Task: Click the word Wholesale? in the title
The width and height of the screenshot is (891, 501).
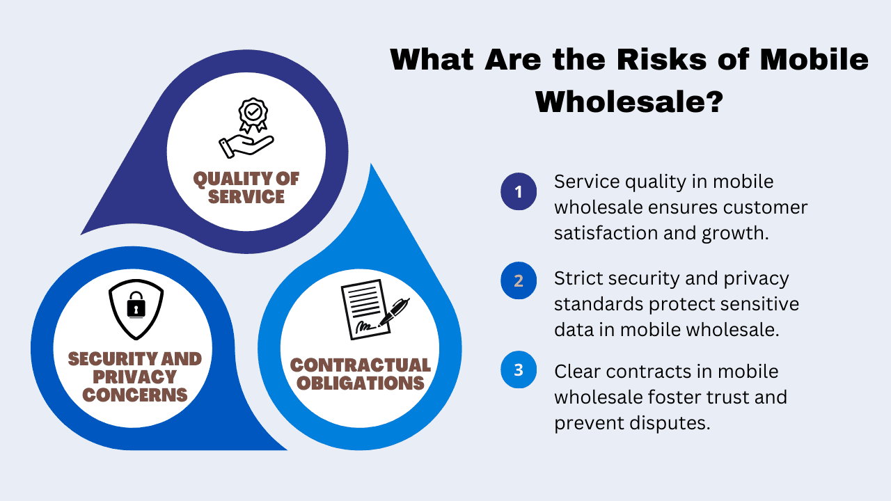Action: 629,102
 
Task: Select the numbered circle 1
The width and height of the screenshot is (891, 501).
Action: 519,191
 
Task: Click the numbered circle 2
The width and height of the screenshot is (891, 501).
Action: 519,280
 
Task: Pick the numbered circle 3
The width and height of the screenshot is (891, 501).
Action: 519,369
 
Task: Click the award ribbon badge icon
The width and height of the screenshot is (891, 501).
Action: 253,115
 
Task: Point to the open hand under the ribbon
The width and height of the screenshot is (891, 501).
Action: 246,146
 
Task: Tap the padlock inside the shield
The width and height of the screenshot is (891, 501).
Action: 136,305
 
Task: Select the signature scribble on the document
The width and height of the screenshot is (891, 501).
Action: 365,326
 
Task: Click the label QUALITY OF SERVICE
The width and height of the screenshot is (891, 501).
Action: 246,188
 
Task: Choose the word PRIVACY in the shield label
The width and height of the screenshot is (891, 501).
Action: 134,376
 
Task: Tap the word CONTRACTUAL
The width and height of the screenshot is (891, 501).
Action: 361,365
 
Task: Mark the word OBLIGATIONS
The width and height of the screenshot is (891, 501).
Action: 361,383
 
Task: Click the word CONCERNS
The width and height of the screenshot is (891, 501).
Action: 135,395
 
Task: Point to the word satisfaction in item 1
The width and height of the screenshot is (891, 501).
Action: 606,233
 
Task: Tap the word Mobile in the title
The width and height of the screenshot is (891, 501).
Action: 814,60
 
